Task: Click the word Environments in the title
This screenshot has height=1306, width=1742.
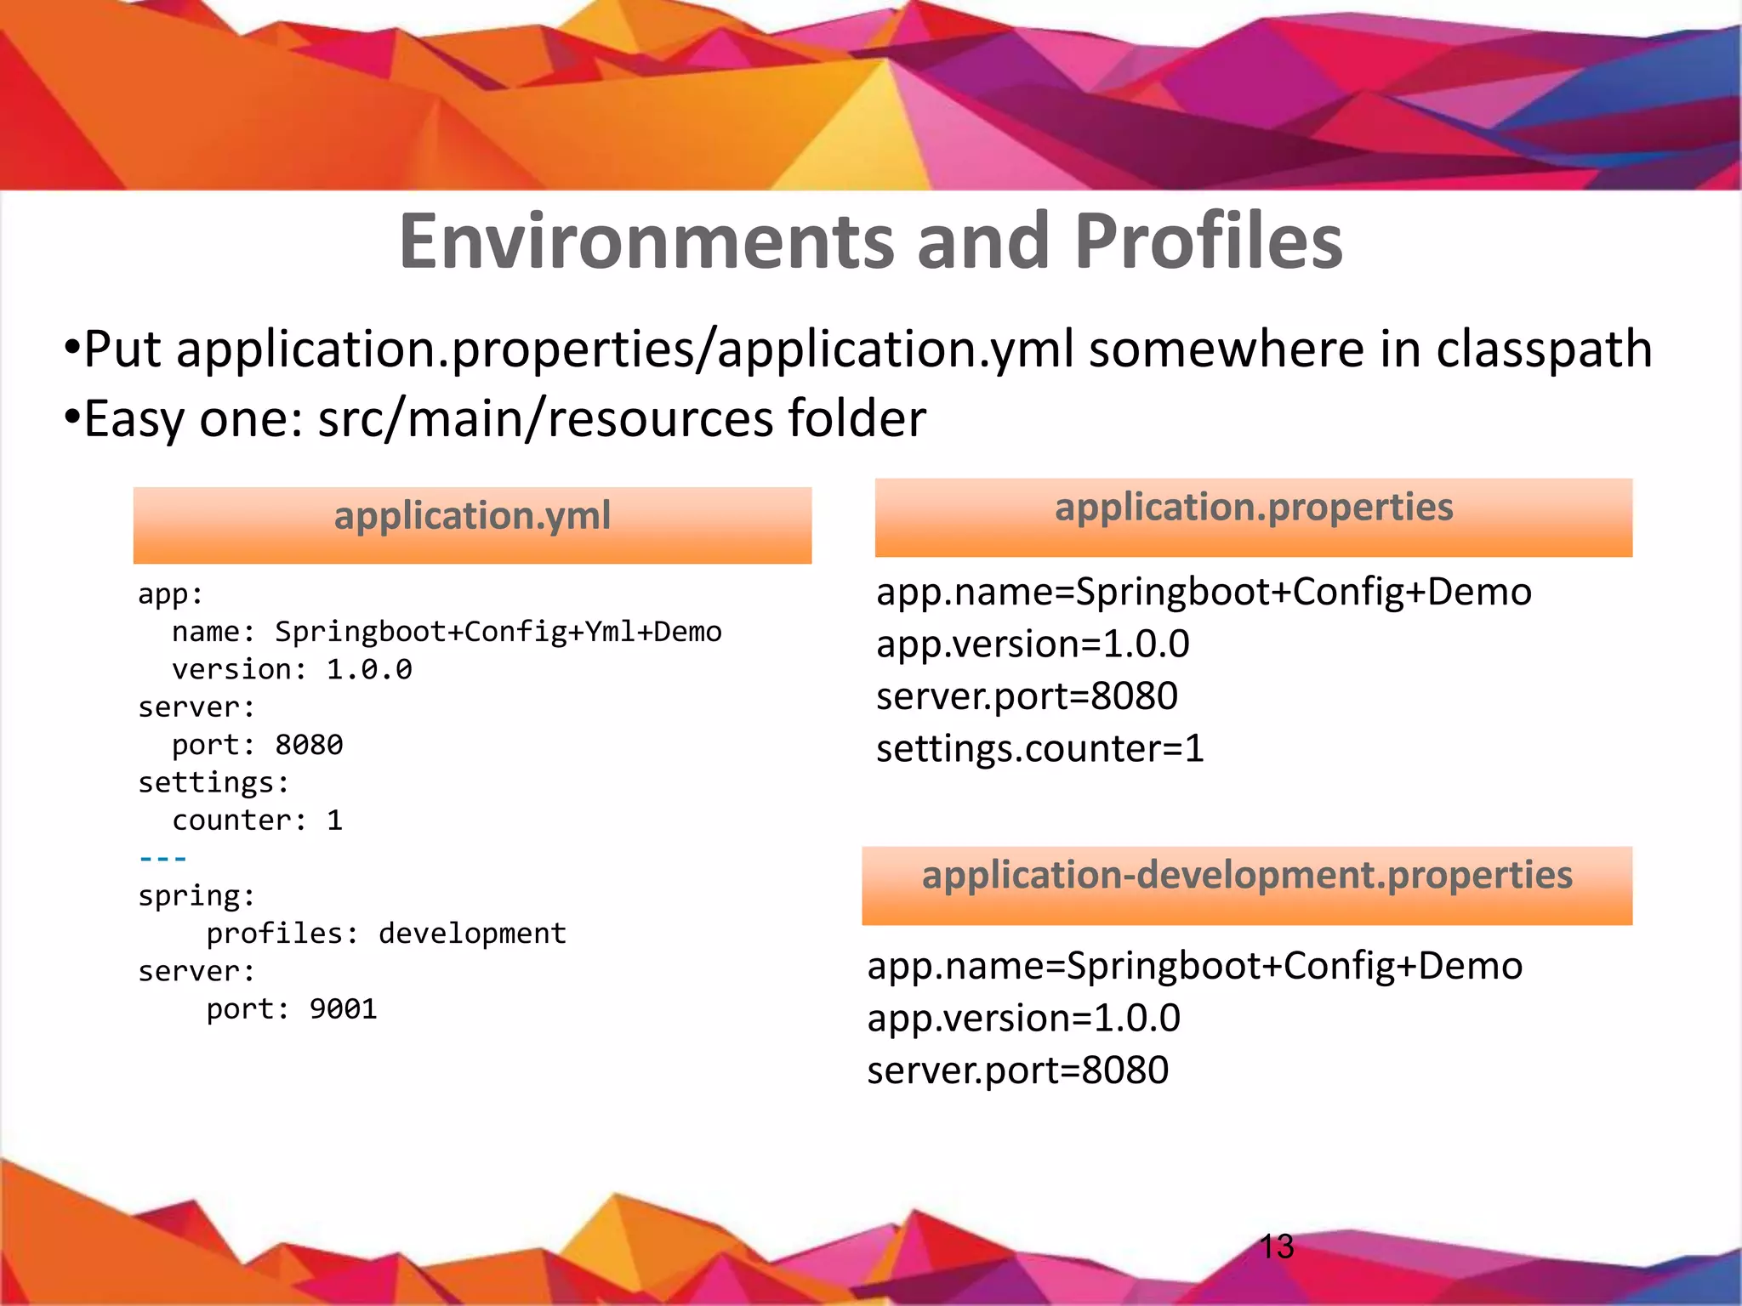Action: pyautogui.click(x=646, y=242)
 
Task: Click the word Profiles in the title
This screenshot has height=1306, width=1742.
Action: pyautogui.click(x=1208, y=242)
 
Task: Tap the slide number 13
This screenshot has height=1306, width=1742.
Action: pyautogui.click(x=1276, y=1246)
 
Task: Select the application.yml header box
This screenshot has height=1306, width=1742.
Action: pyautogui.click(x=472, y=524)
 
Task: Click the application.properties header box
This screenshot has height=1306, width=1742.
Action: pyautogui.click(x=1253, y=516)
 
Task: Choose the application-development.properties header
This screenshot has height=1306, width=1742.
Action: pyautogui.click(x=1247, y=884)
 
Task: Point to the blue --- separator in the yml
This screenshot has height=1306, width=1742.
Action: pyautogui.click(x=162, y=859)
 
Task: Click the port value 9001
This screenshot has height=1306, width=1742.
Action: pyautogui.click(x=343, y=1009)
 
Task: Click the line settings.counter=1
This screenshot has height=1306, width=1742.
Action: pyautogui.click(x=1039, y=749)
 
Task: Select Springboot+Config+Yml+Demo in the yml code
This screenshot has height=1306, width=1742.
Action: pyautogui.click(x=498, y=632)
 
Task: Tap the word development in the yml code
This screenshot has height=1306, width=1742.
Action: pyautogui.click(x=472, y=934)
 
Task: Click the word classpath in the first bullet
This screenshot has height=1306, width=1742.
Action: pyautogui.click(x=1543, y=350)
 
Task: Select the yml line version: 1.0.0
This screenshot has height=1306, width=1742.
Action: pyautogui.click(x=292, y=670)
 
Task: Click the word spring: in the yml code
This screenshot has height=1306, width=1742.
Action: pyautogui.click(x=196, y=896)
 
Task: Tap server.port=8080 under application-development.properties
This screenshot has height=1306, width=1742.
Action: pyautogui.click(x=1017, y=1070)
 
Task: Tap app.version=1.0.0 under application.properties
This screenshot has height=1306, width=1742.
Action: pyautogui.click(x=1033, y=644)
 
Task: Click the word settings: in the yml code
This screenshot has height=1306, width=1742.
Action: pyautogui.click(x=213, y=783)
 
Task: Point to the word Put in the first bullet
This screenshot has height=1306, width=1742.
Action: pyautogui.click(x=122, y=350)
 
